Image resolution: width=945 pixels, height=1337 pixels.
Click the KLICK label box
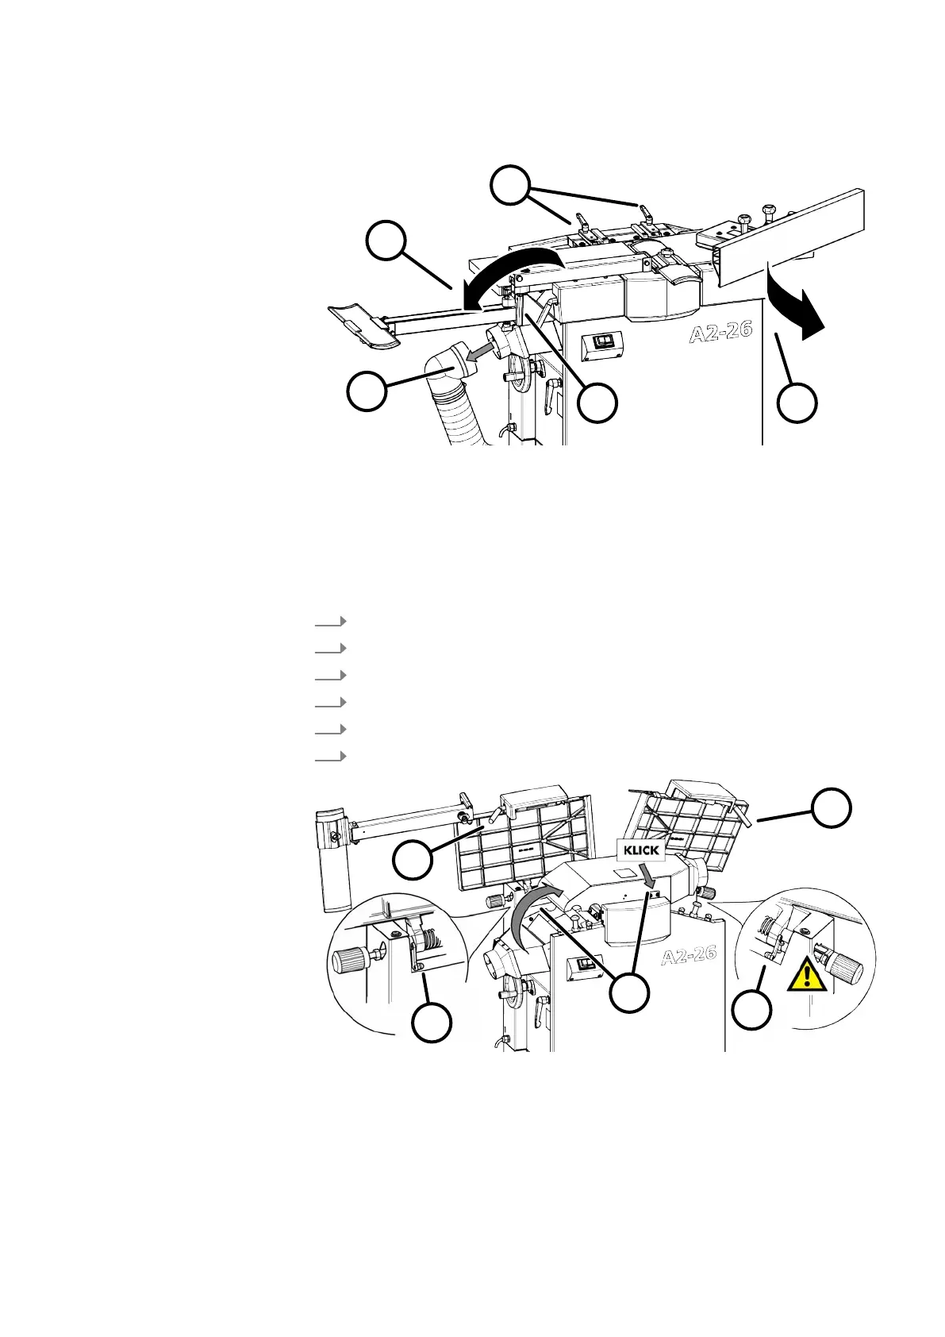641,850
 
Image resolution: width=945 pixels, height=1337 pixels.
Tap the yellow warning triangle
807,976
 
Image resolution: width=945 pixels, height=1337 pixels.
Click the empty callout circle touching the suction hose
367,391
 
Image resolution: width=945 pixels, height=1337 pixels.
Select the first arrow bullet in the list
331,621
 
